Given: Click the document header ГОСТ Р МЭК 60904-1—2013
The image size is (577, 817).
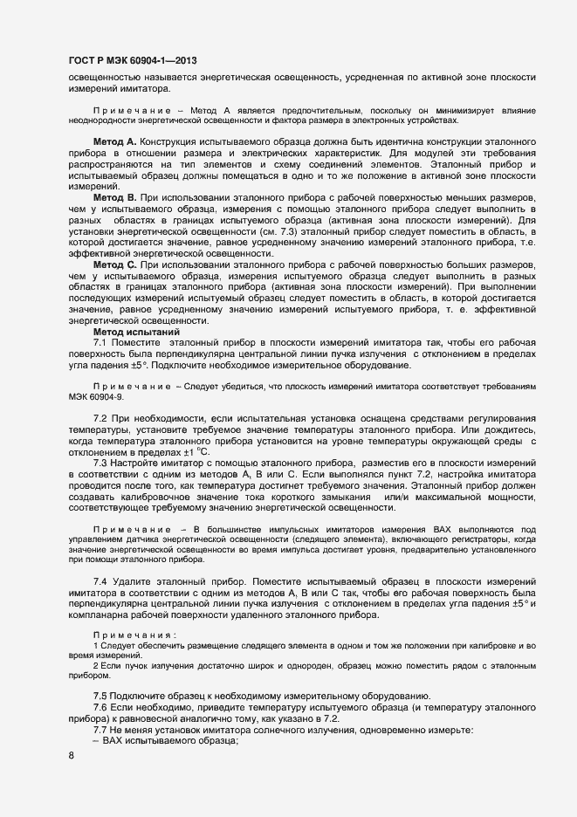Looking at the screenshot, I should coord(132,60).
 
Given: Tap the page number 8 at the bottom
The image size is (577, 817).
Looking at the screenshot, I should coord(71,757).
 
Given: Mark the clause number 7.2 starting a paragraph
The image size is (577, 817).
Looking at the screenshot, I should coord(100,420).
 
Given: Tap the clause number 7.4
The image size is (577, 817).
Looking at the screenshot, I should coord(100,580).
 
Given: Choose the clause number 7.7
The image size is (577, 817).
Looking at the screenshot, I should coord(100,730).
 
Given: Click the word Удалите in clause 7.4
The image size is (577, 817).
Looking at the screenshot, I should coord(133,580).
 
